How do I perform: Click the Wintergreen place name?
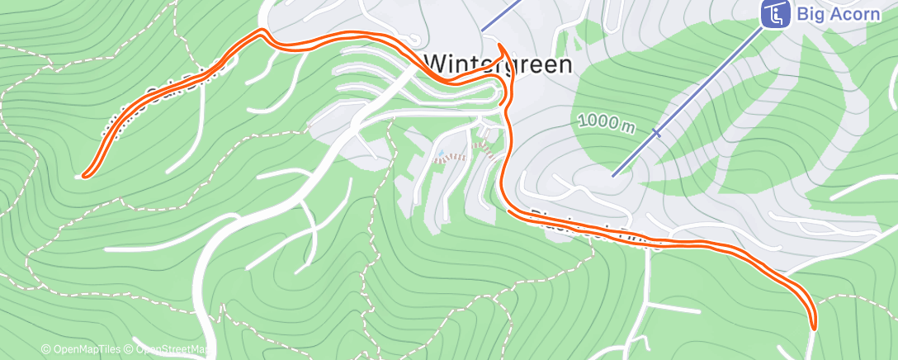(x=498, y=64)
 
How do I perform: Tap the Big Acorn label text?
(x=838, y=14)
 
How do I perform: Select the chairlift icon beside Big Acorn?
(x=774, y=14)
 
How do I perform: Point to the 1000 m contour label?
(x=607, y=122)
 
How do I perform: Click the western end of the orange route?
(x=83, y=175)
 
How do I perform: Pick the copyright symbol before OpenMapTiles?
(x=45, y=350)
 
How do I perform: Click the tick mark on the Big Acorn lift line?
(x=657, y=132)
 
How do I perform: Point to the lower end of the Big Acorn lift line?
(x=613, y=174)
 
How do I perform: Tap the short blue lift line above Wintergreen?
(x=502, y=15)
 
